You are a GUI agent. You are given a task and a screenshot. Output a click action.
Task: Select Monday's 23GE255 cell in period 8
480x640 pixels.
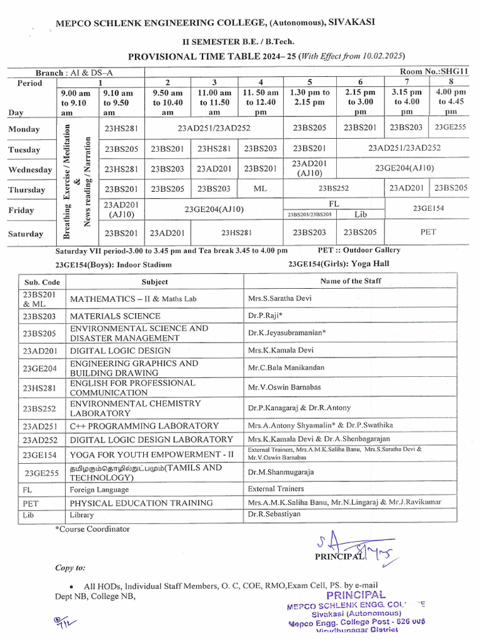[x=451, y=127]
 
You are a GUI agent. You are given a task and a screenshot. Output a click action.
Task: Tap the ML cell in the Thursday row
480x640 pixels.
[x=261, y=188]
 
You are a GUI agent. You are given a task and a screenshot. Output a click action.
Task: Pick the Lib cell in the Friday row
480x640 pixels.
[x=361, y=214]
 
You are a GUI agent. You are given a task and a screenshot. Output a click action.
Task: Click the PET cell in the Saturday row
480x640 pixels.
[x=428, y=231]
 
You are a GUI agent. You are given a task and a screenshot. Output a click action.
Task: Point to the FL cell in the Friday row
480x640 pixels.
[x=334, y=204]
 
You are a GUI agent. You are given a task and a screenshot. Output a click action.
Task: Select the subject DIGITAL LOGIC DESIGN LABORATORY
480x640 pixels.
[x=151, y=439]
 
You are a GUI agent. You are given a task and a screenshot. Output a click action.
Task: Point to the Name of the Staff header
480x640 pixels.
[x=351, y=281]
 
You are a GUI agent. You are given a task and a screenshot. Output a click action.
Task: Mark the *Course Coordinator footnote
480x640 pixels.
[x=92, y=529]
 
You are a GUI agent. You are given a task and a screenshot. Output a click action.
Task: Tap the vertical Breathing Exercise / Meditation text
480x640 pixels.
[x=66, y=181]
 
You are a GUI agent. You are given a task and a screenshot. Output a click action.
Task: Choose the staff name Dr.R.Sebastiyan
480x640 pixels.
[x=274, y=514]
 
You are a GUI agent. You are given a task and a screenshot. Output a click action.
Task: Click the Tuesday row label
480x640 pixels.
[x=24, y=149]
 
